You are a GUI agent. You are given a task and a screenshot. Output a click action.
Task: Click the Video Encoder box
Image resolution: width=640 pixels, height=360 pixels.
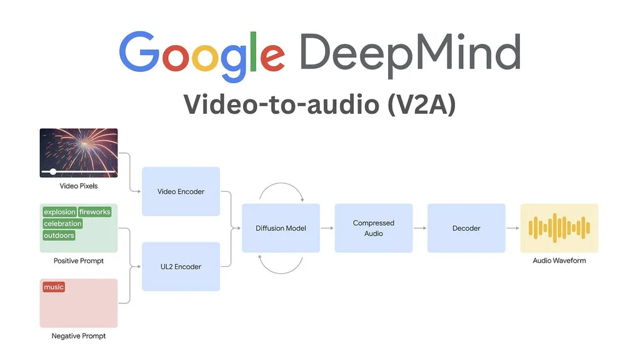coord(181,191)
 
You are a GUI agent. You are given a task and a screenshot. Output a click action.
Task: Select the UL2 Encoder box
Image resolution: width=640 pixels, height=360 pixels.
coord(181,266)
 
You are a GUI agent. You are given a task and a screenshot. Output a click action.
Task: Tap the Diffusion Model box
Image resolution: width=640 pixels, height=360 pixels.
coord(281,228)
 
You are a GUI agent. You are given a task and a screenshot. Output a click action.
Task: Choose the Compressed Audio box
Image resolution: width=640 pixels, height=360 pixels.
coord(373,228)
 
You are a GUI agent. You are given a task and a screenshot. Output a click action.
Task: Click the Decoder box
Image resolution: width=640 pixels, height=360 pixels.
coord(466,228)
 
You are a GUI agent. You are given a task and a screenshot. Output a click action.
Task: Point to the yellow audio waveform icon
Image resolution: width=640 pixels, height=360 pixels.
coord(559,227)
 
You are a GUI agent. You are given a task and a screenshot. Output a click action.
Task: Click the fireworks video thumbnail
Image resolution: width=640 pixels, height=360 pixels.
coord(79,152)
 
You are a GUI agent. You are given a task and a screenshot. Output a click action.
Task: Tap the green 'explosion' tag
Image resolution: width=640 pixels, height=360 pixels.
coord(59,212)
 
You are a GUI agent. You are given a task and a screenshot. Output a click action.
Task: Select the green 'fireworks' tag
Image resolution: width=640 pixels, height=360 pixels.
coord(94,212)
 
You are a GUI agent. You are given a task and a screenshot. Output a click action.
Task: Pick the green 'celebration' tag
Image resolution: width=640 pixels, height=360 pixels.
coord(62,224)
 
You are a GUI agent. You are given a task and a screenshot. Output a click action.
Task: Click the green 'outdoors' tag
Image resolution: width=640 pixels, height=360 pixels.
coord(59,236)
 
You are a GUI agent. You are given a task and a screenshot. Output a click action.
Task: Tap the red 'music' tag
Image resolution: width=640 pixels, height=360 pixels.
coord(54,287)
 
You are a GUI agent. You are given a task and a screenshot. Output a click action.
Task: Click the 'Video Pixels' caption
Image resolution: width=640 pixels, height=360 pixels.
coord(79,186)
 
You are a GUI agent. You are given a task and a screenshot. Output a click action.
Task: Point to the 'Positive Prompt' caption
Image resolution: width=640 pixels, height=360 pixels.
coord(79,261)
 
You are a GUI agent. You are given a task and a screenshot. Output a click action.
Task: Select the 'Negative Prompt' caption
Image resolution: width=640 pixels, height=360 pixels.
coord(79,336)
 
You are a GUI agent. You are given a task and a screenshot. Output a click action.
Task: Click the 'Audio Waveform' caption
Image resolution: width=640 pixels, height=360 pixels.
coord(559,261)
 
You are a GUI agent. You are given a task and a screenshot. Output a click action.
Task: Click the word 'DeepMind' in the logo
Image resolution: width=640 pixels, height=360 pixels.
coord(409,53)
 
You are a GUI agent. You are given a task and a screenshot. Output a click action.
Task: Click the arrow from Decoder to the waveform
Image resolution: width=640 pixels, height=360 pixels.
coord(512,228)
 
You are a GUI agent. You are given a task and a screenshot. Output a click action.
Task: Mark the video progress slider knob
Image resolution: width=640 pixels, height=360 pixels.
coord(53,171)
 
